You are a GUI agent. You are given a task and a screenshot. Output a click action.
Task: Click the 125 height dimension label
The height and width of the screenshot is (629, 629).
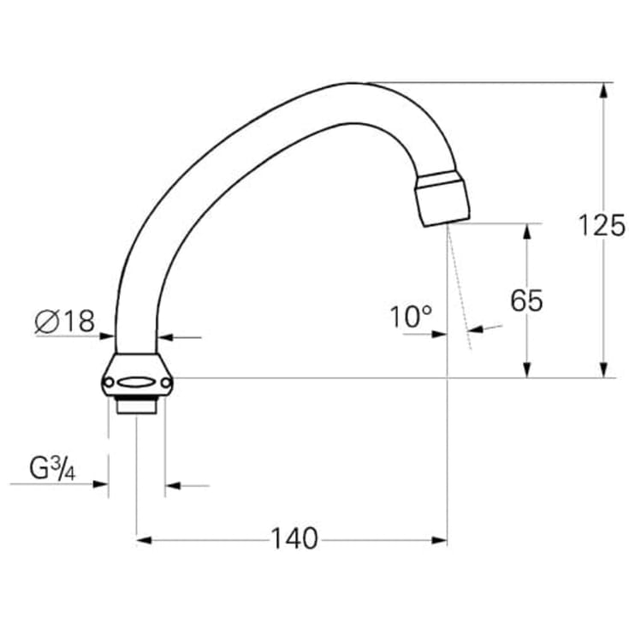pyautogui.click(x=601, y=225)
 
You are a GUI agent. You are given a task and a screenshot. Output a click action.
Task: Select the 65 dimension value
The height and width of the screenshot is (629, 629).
pyautogui.click(x=526, y=301)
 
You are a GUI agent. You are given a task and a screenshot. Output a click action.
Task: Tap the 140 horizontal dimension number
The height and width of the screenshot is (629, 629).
pyautogui.click(x=294, y=539)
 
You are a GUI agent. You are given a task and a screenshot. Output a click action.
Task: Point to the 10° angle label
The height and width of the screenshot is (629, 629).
pyautogui.click(x=411, y=317)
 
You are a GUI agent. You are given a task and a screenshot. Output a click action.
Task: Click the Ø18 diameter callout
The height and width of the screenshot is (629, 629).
pyautogui.click(x=65, y=322)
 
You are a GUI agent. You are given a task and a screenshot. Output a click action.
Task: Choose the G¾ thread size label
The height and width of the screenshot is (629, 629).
pyautogui.click(x=51, y=469)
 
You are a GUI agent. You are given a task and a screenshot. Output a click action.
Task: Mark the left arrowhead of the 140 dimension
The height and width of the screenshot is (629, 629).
pyautogui.click(x=143, y=540)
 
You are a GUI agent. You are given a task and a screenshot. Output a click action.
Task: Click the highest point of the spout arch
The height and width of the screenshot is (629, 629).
pyautogui.click(x=351, y=84)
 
